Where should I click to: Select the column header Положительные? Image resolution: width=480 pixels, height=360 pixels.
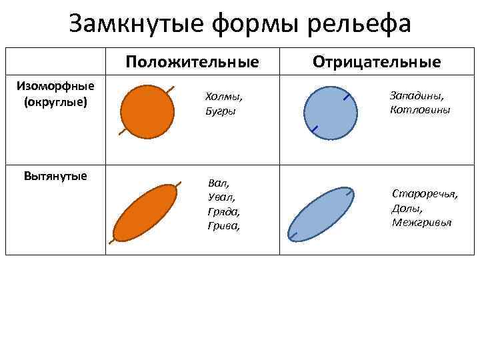tap(192, 63)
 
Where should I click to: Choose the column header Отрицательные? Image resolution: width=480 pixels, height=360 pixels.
tap(377, 62)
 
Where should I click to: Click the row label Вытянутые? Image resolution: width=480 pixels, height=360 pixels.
tap(55, 176)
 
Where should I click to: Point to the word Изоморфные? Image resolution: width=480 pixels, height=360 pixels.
tap(55, 85)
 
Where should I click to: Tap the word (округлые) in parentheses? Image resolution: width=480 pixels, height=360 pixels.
tap(55, 102)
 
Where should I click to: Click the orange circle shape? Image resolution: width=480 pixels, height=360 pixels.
tap(147, 110)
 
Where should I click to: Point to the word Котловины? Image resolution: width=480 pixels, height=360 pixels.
tap(420, 109)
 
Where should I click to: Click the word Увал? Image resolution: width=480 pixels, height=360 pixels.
tap(221, 197)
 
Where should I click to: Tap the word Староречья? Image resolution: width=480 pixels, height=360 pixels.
tap(425, 194)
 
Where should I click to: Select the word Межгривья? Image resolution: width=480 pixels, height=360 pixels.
tap(421, 223)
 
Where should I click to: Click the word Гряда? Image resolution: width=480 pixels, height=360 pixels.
tap(224, 212)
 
